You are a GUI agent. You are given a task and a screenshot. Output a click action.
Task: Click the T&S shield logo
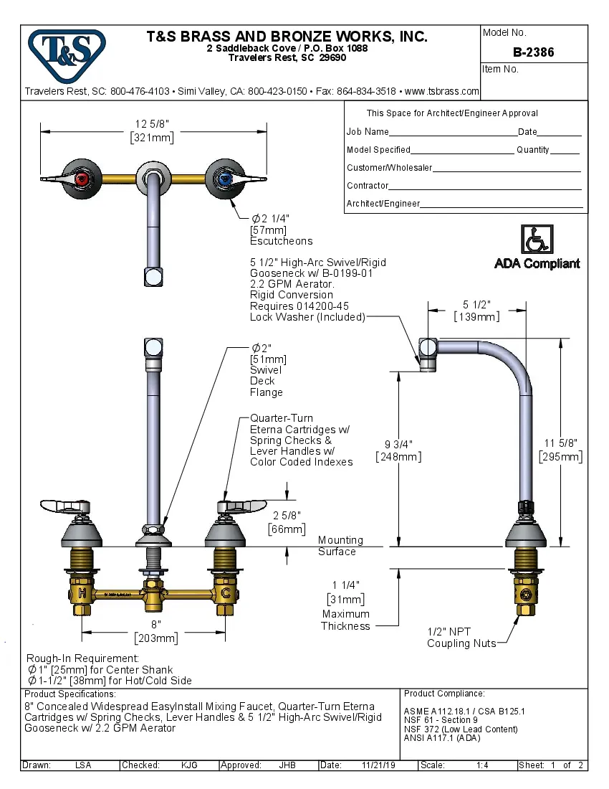67,51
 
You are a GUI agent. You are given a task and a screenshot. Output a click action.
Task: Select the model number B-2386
533,52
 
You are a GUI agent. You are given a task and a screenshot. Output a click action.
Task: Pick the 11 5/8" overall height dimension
560,450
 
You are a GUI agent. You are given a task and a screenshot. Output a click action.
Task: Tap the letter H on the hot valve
82,593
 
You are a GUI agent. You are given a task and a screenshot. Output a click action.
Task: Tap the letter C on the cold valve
226,593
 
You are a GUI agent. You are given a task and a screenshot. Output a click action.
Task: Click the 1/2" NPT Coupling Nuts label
461,638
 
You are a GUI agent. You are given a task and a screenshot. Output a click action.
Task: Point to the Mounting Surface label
340,546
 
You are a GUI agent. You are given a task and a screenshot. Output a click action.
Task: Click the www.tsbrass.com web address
441,92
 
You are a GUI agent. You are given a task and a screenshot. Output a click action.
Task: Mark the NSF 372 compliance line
450,729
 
